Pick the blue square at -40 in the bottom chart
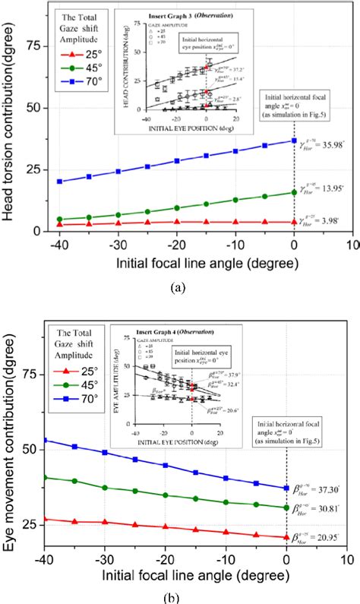click(x=45, y=419)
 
